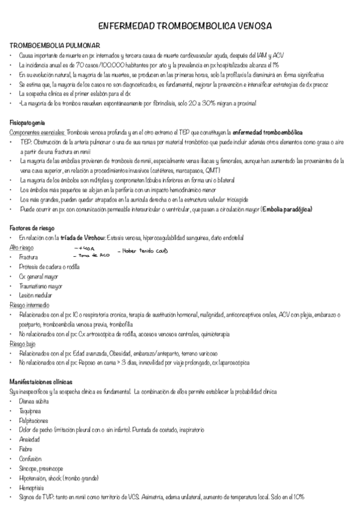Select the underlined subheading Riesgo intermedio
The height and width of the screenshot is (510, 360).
point(30,306)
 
